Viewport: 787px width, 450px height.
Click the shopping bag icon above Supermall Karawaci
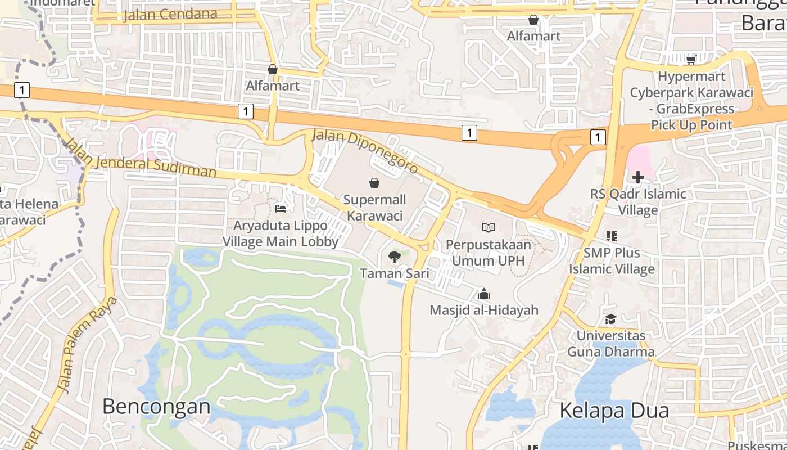(374, 183)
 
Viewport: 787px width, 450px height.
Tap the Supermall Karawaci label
(374, 208)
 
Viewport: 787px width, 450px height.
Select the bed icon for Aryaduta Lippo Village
(281, 209)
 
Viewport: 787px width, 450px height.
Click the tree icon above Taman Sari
(395, 257)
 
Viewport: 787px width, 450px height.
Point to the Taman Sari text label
(395, 274)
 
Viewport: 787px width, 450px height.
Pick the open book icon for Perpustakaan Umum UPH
(489, 228)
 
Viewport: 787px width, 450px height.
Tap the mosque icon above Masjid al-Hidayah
(483, 294)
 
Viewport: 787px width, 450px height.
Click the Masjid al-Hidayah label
(484, 310)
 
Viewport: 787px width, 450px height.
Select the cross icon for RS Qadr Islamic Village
(637, 178)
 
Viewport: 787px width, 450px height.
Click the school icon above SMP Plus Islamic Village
(611, 236)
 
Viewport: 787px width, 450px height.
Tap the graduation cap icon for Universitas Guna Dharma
(610, 319)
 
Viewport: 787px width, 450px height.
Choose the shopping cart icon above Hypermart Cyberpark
(691, 60)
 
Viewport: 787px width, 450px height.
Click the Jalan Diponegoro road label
(365, 151)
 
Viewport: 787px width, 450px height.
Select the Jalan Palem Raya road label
(88, 344)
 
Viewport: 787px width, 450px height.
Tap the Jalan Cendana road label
(170, 14)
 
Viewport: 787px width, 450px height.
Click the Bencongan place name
(156, 406)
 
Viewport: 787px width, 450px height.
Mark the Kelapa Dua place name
(614, 411)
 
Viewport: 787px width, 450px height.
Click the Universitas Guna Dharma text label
(610, 344)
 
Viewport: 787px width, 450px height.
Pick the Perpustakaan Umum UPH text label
(489, 253)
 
